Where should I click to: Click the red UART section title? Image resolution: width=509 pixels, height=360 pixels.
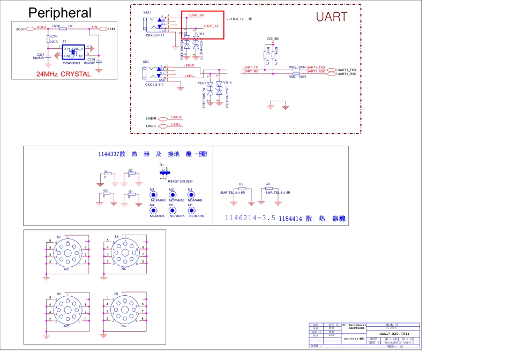(332, 17)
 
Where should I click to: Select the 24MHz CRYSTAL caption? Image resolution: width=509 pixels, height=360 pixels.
(63, 74)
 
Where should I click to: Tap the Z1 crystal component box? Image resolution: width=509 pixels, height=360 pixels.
(73, 52)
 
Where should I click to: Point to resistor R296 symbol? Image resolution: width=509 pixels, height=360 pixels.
(63, 28)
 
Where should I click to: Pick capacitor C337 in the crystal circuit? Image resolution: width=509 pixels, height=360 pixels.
(48, 55)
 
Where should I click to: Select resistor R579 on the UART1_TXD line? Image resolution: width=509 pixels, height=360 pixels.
(296, 70)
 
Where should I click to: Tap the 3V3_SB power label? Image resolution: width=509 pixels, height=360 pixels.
(273, 39)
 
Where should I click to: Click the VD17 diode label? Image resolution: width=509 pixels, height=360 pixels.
(201, 83)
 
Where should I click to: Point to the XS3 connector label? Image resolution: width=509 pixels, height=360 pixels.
(146, 62)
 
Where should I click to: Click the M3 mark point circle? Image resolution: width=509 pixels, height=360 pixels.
(191, 194)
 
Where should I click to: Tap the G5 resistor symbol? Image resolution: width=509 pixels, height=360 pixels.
(242, 189)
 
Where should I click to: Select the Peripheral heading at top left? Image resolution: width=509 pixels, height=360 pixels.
(59, 13)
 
